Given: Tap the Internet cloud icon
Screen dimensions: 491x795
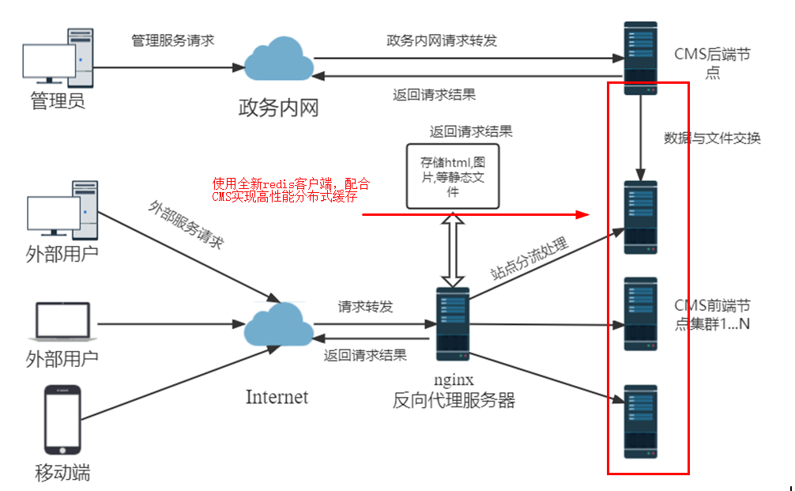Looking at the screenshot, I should coord(278,325).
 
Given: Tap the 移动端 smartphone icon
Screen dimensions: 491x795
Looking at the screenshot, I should coord(62,420).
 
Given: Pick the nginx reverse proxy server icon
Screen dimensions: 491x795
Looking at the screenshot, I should coord(453,319).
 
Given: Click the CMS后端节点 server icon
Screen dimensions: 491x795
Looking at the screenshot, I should coord(640,58).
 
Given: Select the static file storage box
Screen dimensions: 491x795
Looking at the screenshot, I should coord(453,176).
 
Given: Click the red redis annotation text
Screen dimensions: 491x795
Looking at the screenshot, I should coord(290,191).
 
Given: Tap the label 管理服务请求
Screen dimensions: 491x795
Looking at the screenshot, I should coord(172,40).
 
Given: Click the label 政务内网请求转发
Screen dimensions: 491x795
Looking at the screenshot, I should coord(442,40).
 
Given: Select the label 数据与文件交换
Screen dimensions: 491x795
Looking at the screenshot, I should coord(712,138).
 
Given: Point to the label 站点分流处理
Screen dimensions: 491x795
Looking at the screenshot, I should coord(529,259).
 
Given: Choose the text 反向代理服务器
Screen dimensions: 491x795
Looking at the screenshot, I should coord(454,400).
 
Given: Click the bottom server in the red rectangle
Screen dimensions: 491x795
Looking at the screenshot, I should coord(640,421).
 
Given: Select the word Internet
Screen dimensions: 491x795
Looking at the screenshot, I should coord(277,396).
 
